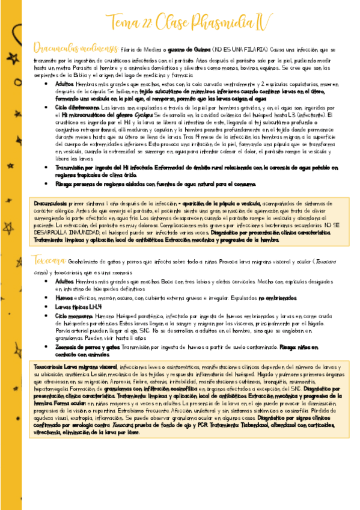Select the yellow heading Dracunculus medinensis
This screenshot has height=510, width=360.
67,48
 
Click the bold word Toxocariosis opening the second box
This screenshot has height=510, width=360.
49,366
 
